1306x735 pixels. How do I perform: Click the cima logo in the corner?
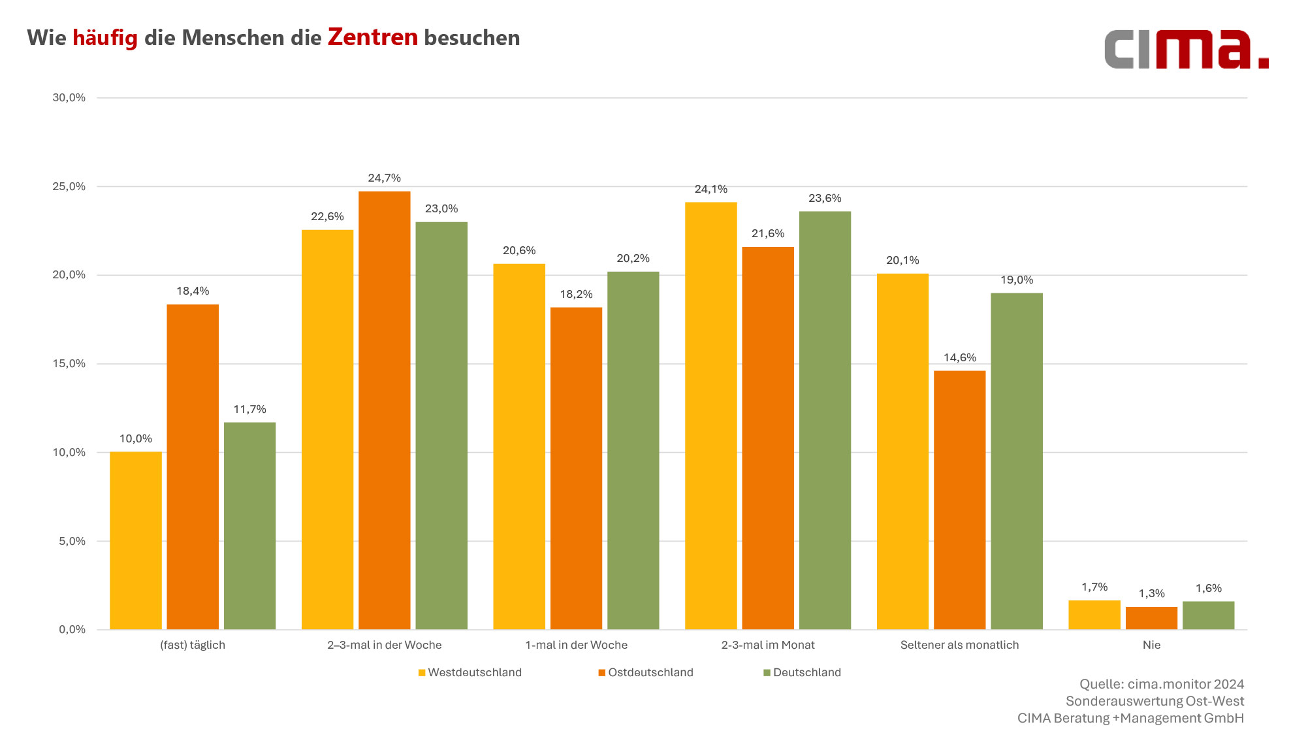click(x=1186, y=49)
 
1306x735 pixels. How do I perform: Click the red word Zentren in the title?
click(x=372, y=37)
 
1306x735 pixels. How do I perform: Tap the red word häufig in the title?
click(x=104, y=38)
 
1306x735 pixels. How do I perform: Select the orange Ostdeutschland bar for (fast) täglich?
click(x=193, y=466)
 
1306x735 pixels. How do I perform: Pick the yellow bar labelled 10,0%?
click(x=135, y=540)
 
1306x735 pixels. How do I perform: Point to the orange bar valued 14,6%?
click(x=959, y=500)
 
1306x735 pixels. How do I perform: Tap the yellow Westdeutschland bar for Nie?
click(x=1094, y=615)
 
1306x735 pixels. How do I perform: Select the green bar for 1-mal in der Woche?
click(x=633, y=450)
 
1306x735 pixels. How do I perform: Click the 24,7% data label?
click(x=384, y=178)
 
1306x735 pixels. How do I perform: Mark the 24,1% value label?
click(x=710, y=189)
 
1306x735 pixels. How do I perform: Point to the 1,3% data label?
click(x=1151, y=593)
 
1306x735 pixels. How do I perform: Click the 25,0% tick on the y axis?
click(x=69, y=186)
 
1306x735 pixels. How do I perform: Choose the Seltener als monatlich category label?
click(x=959, y=645)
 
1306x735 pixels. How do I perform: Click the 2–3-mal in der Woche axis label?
click(x=384, y=645)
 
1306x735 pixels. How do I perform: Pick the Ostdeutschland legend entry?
click(x=646, y=672)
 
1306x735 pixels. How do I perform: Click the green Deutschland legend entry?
click(x=803, y=672)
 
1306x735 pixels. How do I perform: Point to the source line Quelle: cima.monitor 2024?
click(x=1162, y=684)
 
